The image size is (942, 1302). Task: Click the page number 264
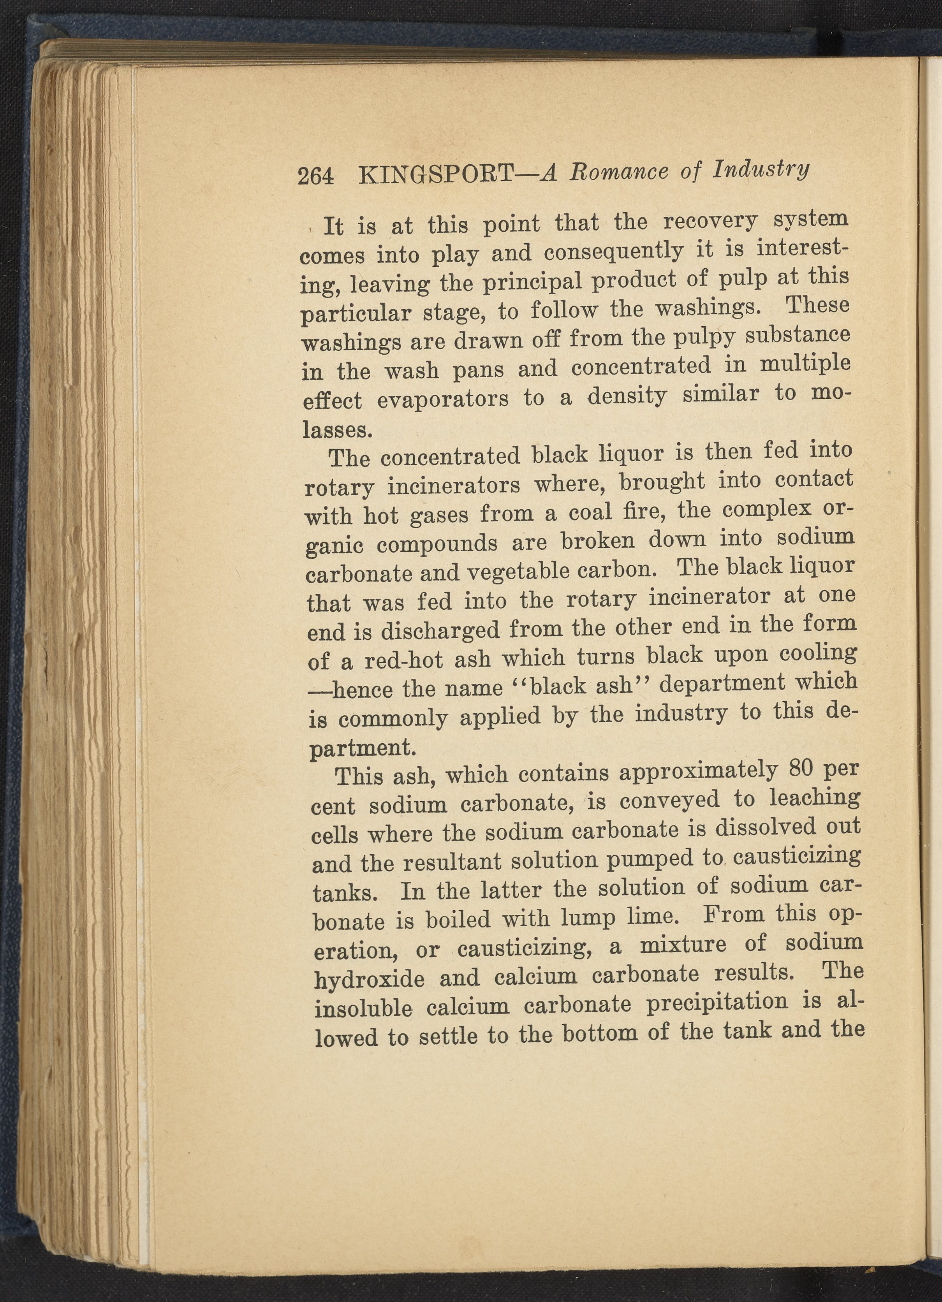(x=315, y=176)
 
